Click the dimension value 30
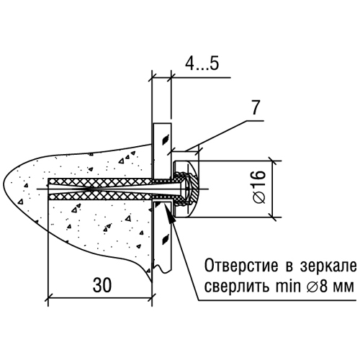(x=102, y=285)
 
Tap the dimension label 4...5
(x=202, y=64)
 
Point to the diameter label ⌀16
(x=259, y=186)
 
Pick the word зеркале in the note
(x=328, y=266)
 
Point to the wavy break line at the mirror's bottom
(x=163, y=267)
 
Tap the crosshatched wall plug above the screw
(x=100, y=181)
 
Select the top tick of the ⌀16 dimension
(x=273, y=161)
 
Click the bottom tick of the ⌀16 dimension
(x=273, y=217)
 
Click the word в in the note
(x=289, y=267)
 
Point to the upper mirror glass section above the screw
(x=162, y=150)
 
